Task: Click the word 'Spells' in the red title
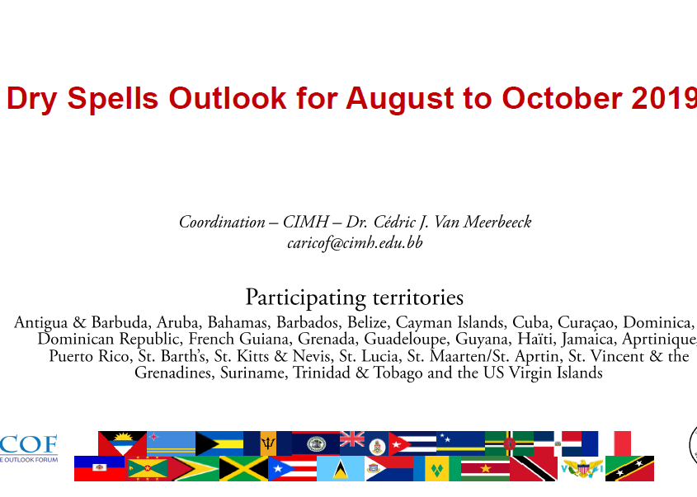click(x=112, y=99)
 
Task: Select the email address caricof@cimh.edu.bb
click(x=355, y=243)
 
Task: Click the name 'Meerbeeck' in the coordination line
click(x=497, y=222)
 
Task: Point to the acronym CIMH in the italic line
click(x=306, y=222)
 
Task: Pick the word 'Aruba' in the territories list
click(x=179, y=322)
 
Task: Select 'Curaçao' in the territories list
click(x=586, y=322)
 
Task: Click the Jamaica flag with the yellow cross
click(x=243, y=469)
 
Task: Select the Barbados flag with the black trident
click(x=267, y=443)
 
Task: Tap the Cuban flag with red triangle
click(x=412, y=443)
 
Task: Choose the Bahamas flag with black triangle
click(x=219, y=443)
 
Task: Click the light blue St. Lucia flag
click(x=341, y=469)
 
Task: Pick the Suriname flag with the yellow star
click(x=485, y=469)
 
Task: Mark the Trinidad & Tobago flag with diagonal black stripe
click(x=534, y=469)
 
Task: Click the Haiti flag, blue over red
click(x=99, y=469)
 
